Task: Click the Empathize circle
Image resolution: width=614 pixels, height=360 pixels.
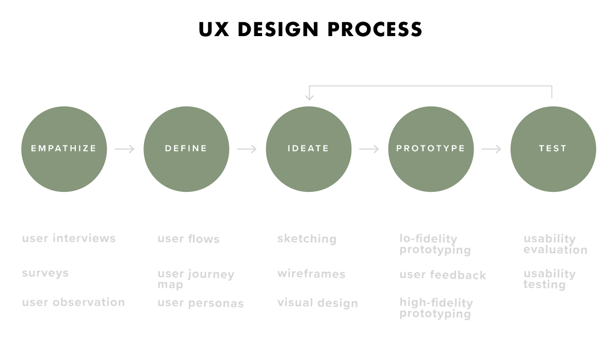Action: pos(64,149)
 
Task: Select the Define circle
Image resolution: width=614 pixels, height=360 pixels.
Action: pos(186,149)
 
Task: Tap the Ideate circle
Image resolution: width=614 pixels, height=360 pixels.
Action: pos(309,149)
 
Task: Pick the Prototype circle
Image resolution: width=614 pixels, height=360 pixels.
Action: pos(431,149)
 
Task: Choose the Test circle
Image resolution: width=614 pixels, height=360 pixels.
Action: pos(553,149)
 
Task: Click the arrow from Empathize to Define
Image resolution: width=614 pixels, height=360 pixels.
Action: pos(125,149)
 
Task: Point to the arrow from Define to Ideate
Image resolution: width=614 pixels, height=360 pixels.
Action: pos(247,149)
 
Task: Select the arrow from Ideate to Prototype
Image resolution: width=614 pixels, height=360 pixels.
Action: pos(369,149)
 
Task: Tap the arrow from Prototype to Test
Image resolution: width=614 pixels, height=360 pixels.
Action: pos(492,149)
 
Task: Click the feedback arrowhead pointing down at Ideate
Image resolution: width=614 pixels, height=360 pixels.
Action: pos(309,96)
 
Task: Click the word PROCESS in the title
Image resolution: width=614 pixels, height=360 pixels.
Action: pos(375,29)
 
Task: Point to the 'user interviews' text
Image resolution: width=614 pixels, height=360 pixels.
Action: pos(69,238)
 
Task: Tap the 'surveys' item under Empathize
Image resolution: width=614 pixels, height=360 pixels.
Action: pos(45,273)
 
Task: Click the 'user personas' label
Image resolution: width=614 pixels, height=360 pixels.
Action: pos(200,303)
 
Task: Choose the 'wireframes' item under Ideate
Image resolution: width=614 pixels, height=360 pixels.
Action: pos(311,273)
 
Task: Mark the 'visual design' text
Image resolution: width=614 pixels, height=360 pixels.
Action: pos(317,303)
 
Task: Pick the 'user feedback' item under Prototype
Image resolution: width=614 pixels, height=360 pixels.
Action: pos(443,275)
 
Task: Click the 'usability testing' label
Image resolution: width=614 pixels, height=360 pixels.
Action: pos(549,279)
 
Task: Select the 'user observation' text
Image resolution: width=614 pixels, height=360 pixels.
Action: pos(73,302)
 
